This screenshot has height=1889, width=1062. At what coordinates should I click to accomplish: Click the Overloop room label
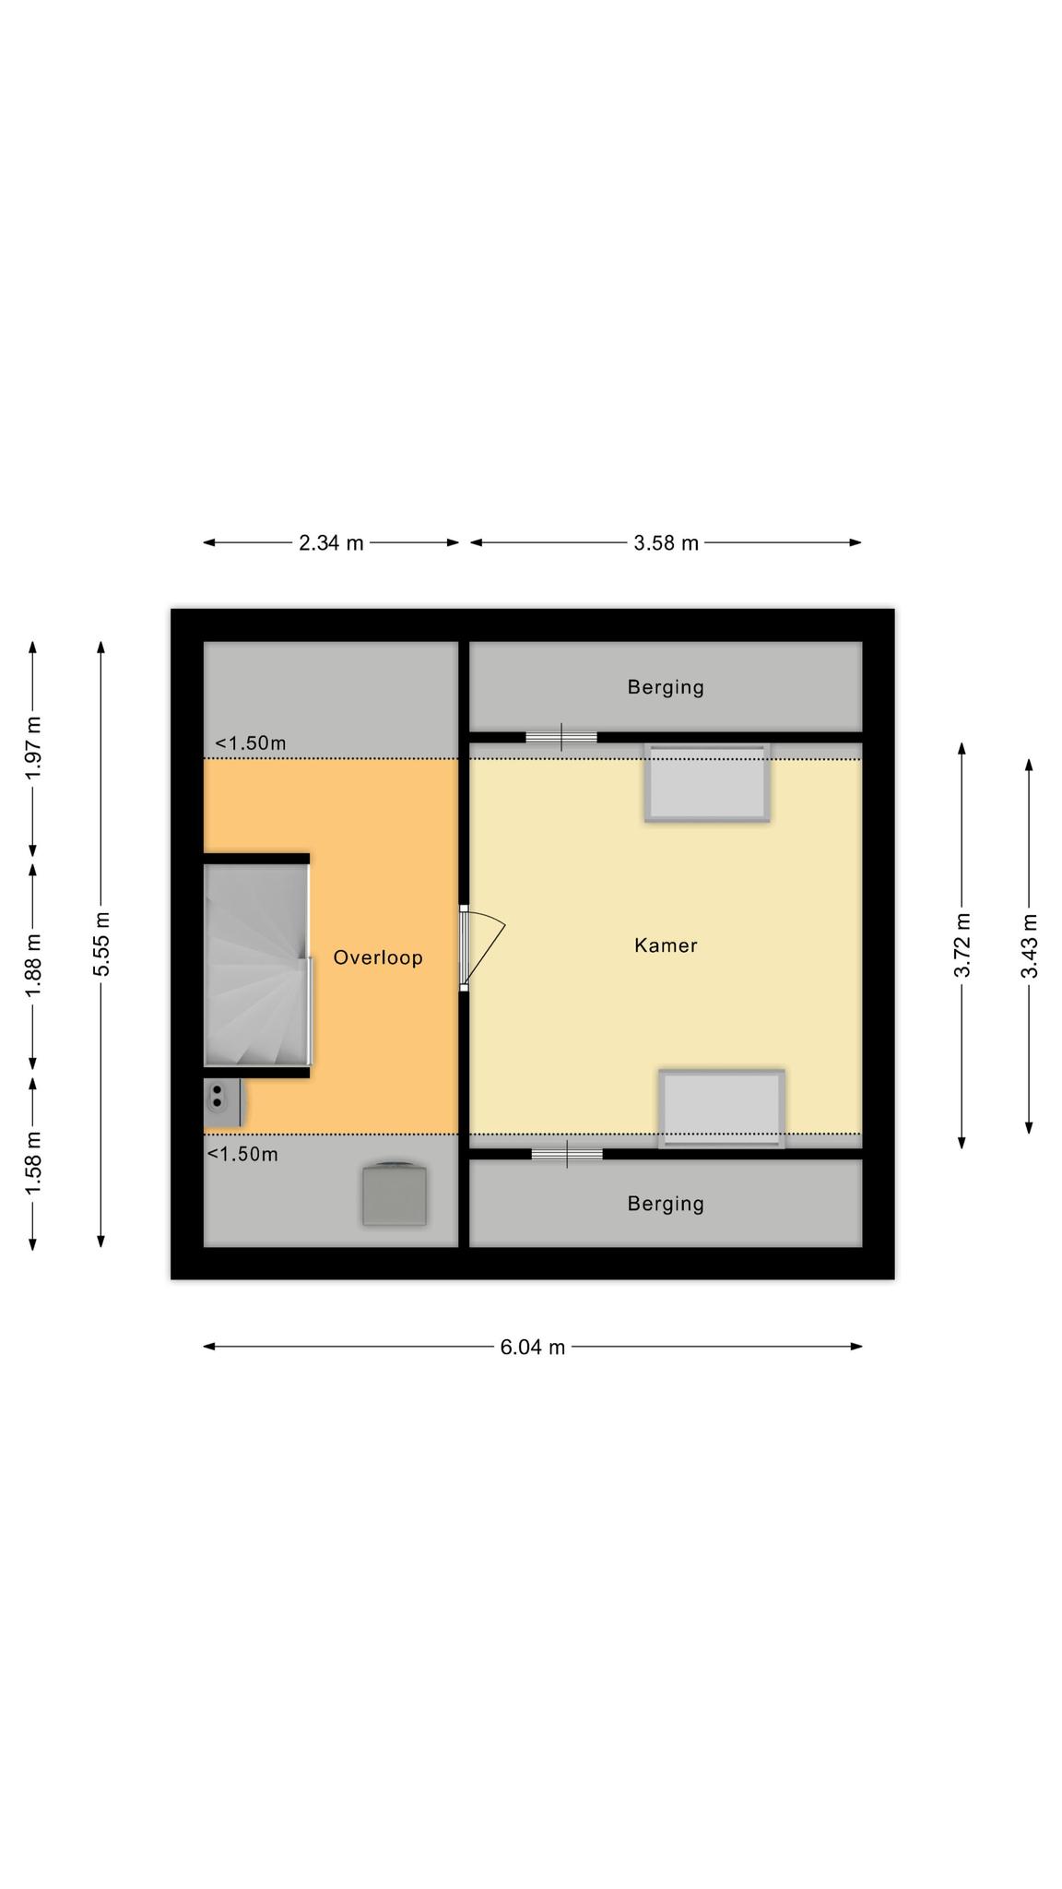click(x=378, y=957)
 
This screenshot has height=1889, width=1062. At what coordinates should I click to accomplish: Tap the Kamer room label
click(x=666, y=945)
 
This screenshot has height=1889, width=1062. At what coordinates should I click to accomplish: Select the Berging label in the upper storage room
click(x=666, y=687)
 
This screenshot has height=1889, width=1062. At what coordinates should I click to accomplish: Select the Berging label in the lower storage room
click(x=666, y=1204)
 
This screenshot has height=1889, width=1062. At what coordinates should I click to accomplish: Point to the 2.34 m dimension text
click(x=331, y=543)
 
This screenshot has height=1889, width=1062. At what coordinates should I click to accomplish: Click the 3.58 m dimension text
click(x=666, y=543)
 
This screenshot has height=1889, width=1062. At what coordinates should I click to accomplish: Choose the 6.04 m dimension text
click(x=532, y=1348)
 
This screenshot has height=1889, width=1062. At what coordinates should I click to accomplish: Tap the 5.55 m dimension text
click(x=101, y=944)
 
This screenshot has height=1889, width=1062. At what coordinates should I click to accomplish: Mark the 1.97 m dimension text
click(x=33, y=747)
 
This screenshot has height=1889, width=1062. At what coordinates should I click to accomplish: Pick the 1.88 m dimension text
click(x=33, y=965)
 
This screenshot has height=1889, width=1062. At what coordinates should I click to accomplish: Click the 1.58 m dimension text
click(x=33, y=1162)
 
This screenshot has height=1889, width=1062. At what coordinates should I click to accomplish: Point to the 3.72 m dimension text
click(x=962, y=945)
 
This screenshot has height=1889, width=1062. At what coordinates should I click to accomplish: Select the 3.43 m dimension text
click(x=1030, y=945)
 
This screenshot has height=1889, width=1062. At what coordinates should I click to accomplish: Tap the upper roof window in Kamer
click(x=707, y=782)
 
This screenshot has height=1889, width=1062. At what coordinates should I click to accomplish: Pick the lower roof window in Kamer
click(x=722, y=1108)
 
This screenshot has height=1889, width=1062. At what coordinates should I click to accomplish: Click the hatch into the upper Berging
click(x=561, y=737)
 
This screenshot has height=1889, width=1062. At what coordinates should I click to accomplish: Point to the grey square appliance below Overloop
click(x=395, y=1194)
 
